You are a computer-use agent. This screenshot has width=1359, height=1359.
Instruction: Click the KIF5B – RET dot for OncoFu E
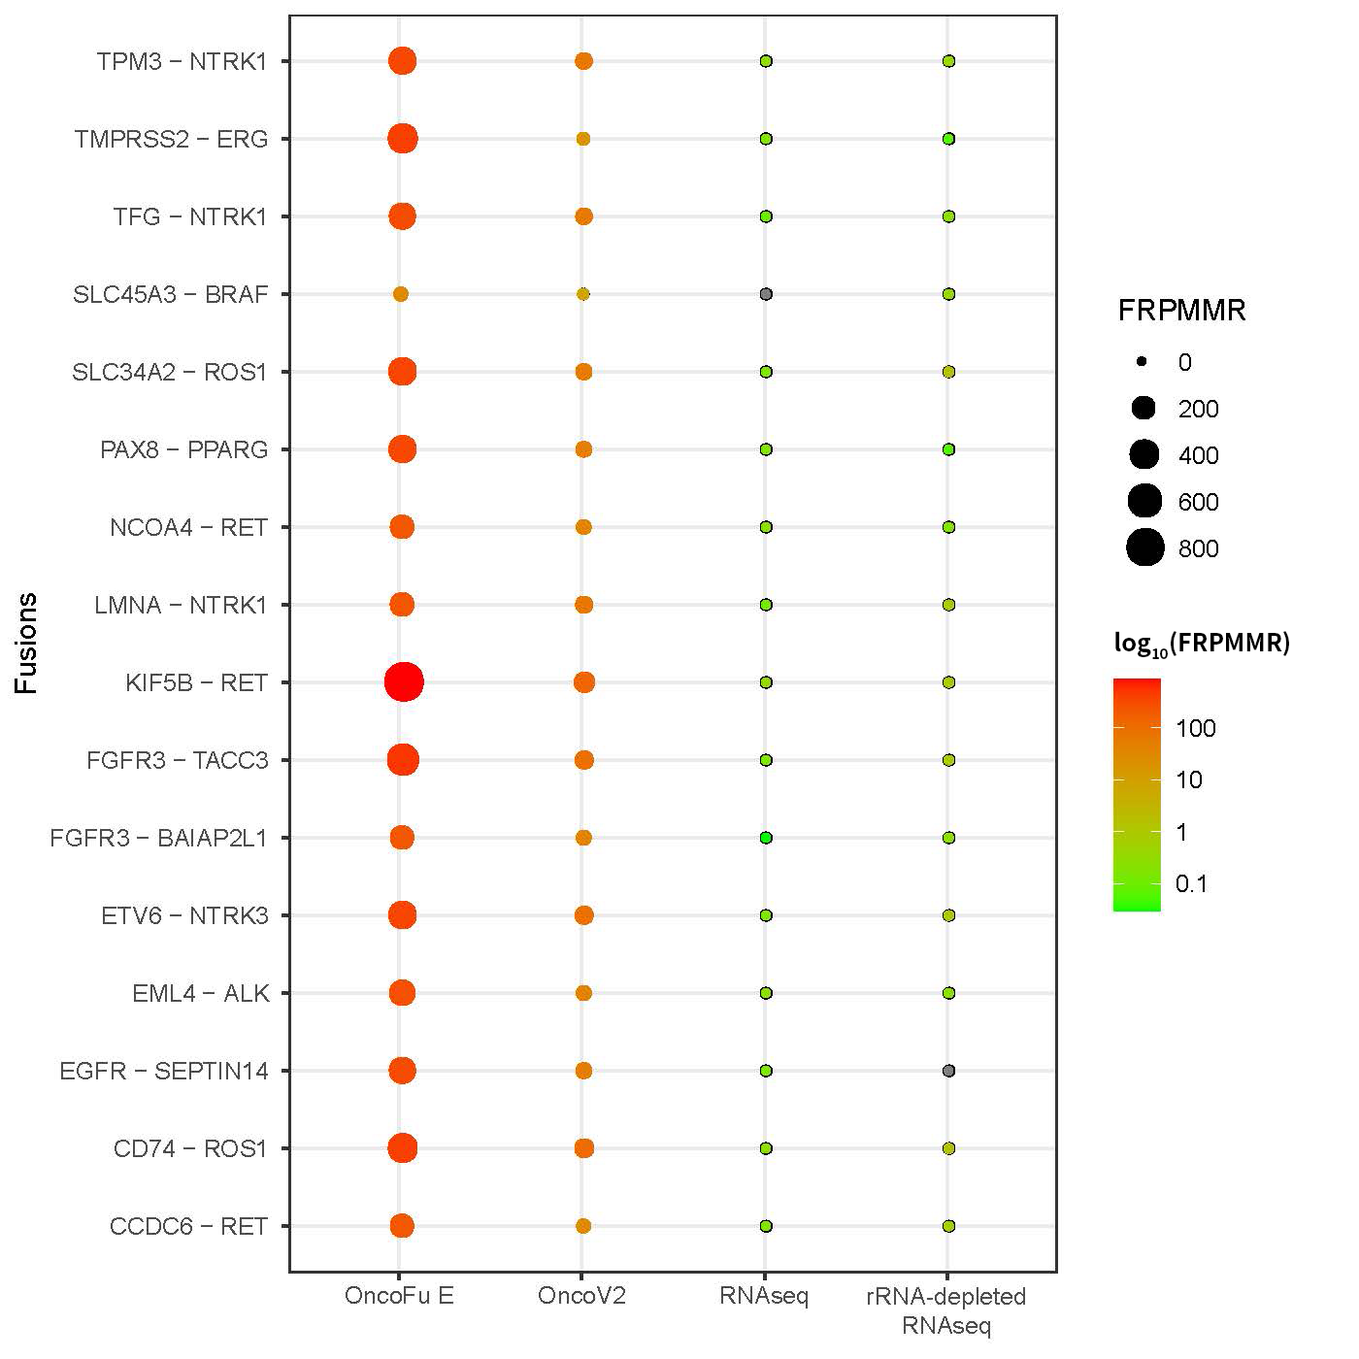(x=403, y=682)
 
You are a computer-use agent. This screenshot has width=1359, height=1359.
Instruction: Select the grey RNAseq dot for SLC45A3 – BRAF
(x=766, y=294)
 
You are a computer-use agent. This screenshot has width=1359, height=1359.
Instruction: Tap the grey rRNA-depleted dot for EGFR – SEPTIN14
(x=948, y=1071)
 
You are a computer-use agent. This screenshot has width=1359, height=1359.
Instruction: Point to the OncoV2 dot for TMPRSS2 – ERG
(x=583, y=139)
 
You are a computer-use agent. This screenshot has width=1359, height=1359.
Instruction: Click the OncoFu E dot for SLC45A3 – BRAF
(x=400, y=294)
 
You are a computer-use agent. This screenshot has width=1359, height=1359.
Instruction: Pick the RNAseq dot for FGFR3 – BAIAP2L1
(x=766, y=838)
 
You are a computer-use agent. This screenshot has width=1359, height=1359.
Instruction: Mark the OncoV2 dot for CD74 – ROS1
(x=583, y=1148)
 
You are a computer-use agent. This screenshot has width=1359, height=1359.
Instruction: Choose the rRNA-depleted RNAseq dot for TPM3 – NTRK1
(x=948, y=61)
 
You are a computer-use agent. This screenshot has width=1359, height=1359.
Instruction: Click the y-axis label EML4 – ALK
(x=201, y=993)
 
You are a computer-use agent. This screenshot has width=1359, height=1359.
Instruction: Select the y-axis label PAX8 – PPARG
(x=184, y=449)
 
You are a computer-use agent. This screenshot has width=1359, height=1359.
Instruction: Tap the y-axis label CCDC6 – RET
(x=188, y=1226)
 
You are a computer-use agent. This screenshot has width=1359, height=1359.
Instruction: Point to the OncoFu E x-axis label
(x=399, y=1297)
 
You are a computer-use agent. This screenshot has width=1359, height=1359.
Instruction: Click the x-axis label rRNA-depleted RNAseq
(x=946, y=1310)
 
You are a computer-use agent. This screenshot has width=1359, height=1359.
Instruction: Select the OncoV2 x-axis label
(x=582, y=1297)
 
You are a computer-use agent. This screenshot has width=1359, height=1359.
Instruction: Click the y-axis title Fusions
(x=26, y=643)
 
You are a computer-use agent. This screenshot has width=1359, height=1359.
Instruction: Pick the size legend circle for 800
(x=1145, y=548)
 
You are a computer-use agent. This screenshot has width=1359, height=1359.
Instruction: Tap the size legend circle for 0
(x=1143, y=362)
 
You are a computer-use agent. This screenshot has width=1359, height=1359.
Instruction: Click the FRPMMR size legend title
(x=1181, y=311)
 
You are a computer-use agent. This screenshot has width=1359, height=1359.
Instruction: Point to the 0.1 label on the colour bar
(x=1191, y=883)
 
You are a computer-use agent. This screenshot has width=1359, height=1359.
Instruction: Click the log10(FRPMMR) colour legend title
(x=1202, y=644)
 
